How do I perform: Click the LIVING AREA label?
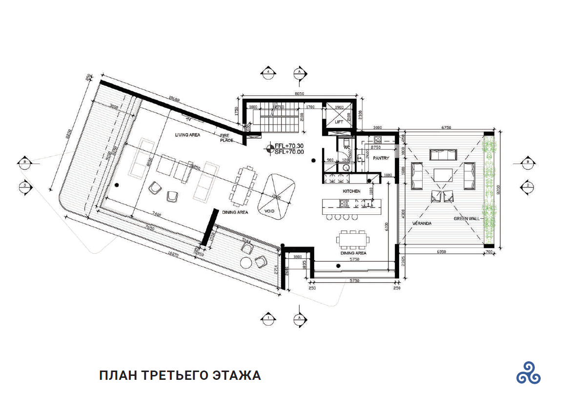click(188, 134)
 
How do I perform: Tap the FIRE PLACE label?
click(225, 138)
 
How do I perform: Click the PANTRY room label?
click(381, 158)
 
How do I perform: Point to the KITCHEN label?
click(351, 191)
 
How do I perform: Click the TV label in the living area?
click(188, 120)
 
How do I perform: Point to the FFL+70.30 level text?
click(289, 146)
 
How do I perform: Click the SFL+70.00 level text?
click(289, 152)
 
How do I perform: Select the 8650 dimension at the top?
click(299, 93)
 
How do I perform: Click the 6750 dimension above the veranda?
click(447, 127)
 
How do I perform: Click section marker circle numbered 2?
click(528, 185)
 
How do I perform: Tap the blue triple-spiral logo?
click(528, 372)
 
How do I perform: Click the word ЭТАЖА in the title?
click(237, 375)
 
